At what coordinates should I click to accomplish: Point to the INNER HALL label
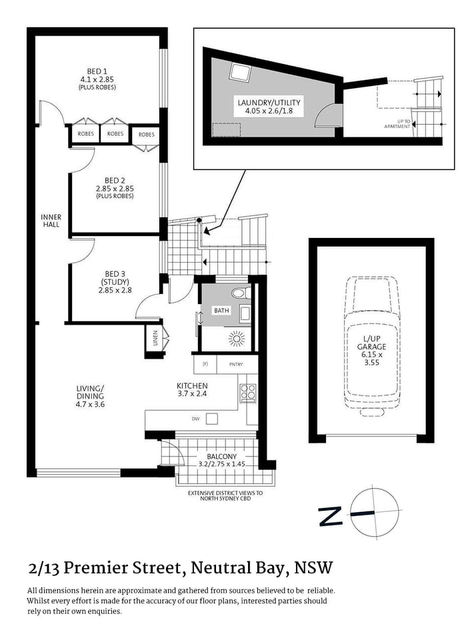[51, 221]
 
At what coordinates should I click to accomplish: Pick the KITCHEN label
[192, 385]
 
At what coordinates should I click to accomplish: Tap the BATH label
[221, 311]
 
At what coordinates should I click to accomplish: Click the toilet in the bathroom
[239, 293]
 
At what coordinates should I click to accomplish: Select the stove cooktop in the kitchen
[247, 393]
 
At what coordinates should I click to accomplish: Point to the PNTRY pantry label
[235, 364]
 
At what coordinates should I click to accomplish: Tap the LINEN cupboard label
[155, 339]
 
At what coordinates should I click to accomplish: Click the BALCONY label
[218, 456]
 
